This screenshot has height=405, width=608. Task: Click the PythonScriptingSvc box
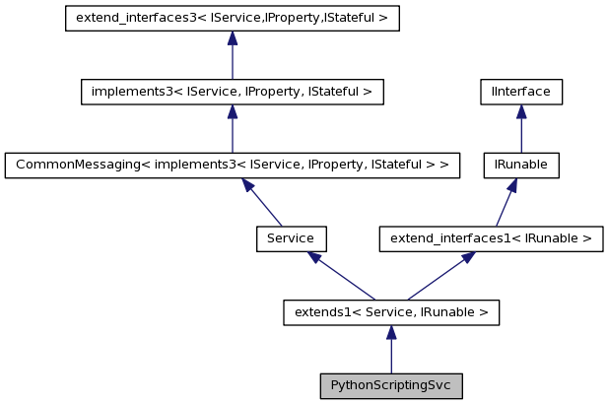(391, 385)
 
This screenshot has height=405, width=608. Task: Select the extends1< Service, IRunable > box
(391, 312)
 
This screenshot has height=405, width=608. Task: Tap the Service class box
(291, 238)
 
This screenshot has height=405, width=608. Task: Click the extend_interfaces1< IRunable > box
(492, 238)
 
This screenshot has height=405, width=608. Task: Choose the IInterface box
(521, 93)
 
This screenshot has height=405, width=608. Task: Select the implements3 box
(232, 93)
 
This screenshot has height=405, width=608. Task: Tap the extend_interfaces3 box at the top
(232, 19)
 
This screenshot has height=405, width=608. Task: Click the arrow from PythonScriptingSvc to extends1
(391, 349)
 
